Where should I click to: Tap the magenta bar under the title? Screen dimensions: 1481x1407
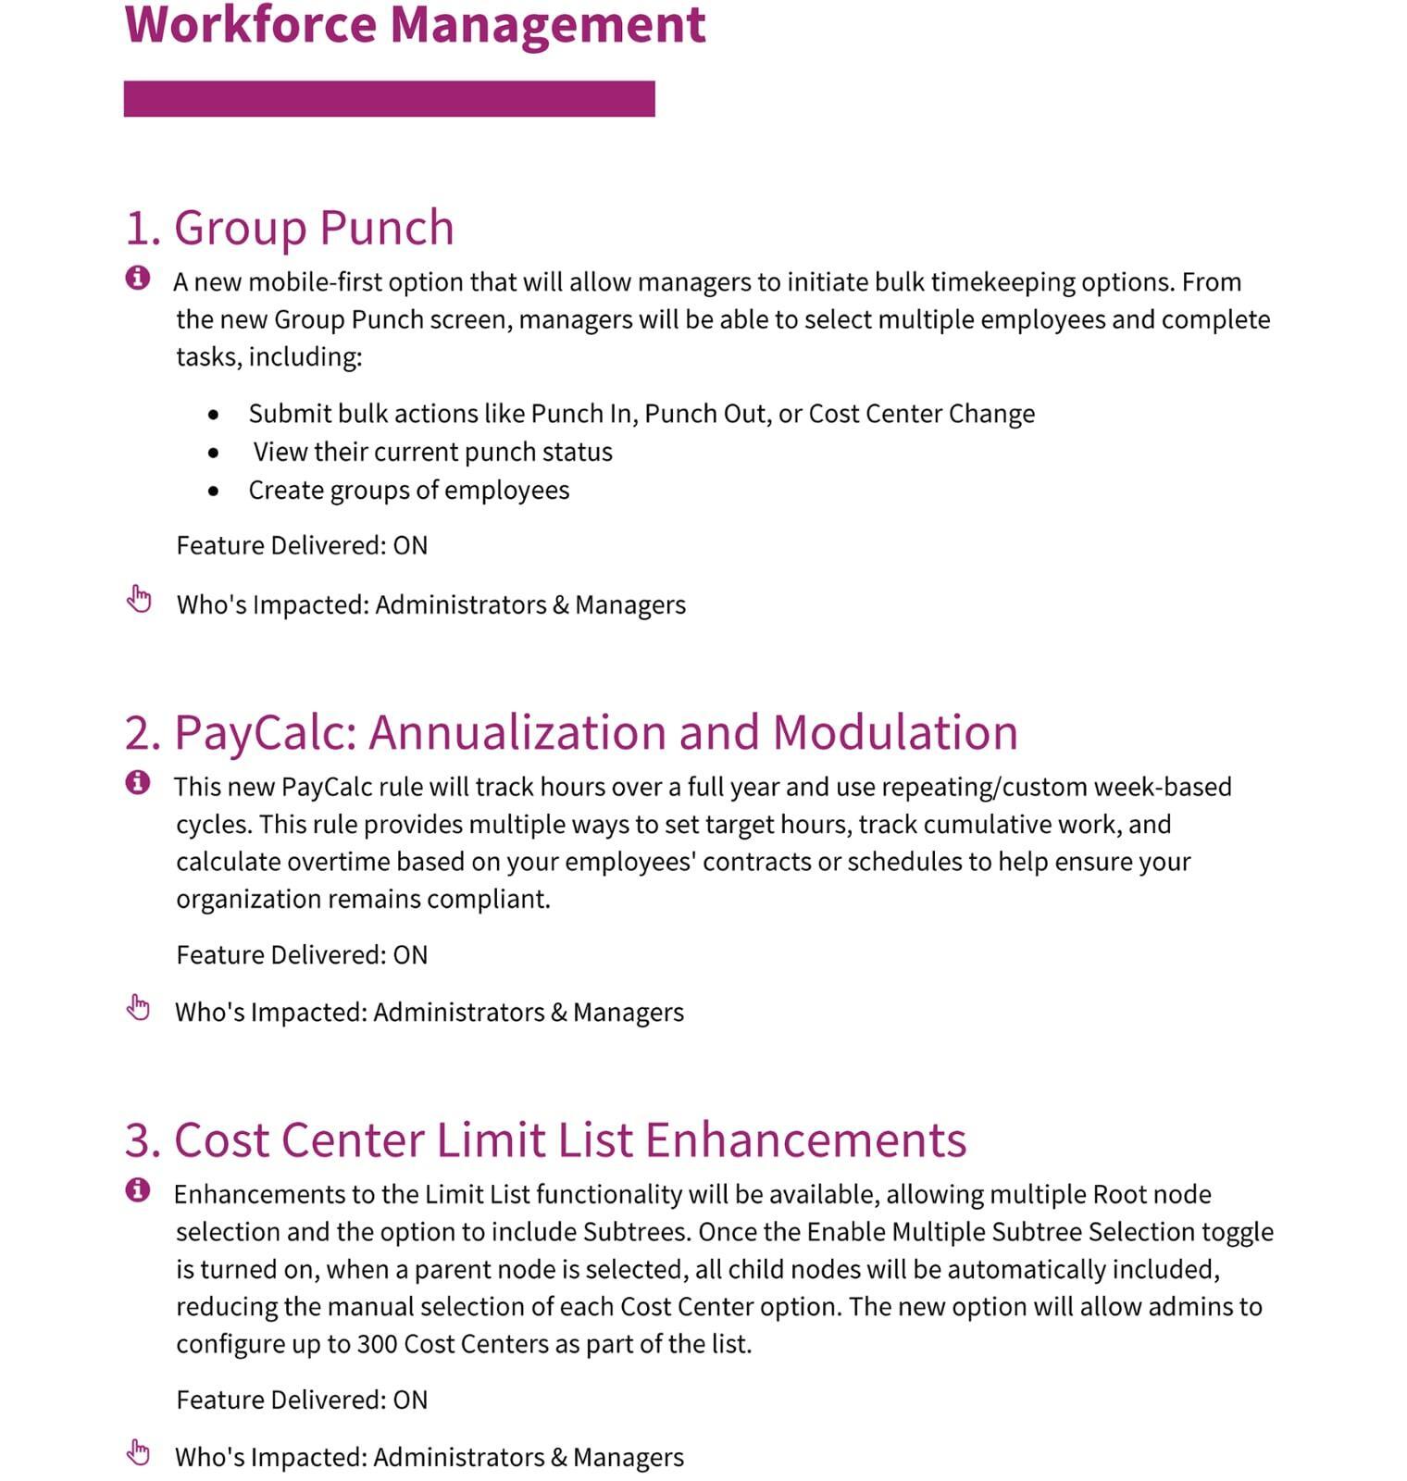[389, 98]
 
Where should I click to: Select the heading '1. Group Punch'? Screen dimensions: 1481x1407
[289, 228]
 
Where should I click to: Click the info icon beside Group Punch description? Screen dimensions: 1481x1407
[138, 277]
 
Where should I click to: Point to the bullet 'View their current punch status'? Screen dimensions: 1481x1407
[432, 452]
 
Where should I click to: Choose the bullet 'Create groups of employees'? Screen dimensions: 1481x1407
[408, 490]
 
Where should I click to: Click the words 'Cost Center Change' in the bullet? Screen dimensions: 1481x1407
[921, 414]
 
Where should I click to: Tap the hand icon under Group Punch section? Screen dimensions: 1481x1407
[139, 599]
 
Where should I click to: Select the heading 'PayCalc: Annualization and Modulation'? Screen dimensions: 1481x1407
[571, 732]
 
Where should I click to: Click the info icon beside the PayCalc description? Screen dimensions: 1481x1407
[138, 782]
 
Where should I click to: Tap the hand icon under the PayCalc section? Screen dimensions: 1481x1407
[139, 1007]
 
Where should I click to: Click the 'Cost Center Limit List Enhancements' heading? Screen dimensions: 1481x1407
[546, 1139]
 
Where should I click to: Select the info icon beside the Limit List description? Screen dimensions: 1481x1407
[138, 1189]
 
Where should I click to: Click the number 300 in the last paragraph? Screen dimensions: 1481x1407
[377, 1344]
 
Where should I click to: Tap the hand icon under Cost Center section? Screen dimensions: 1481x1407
[139, 1452]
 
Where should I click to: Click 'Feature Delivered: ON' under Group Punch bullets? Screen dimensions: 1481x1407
[302, 545]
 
